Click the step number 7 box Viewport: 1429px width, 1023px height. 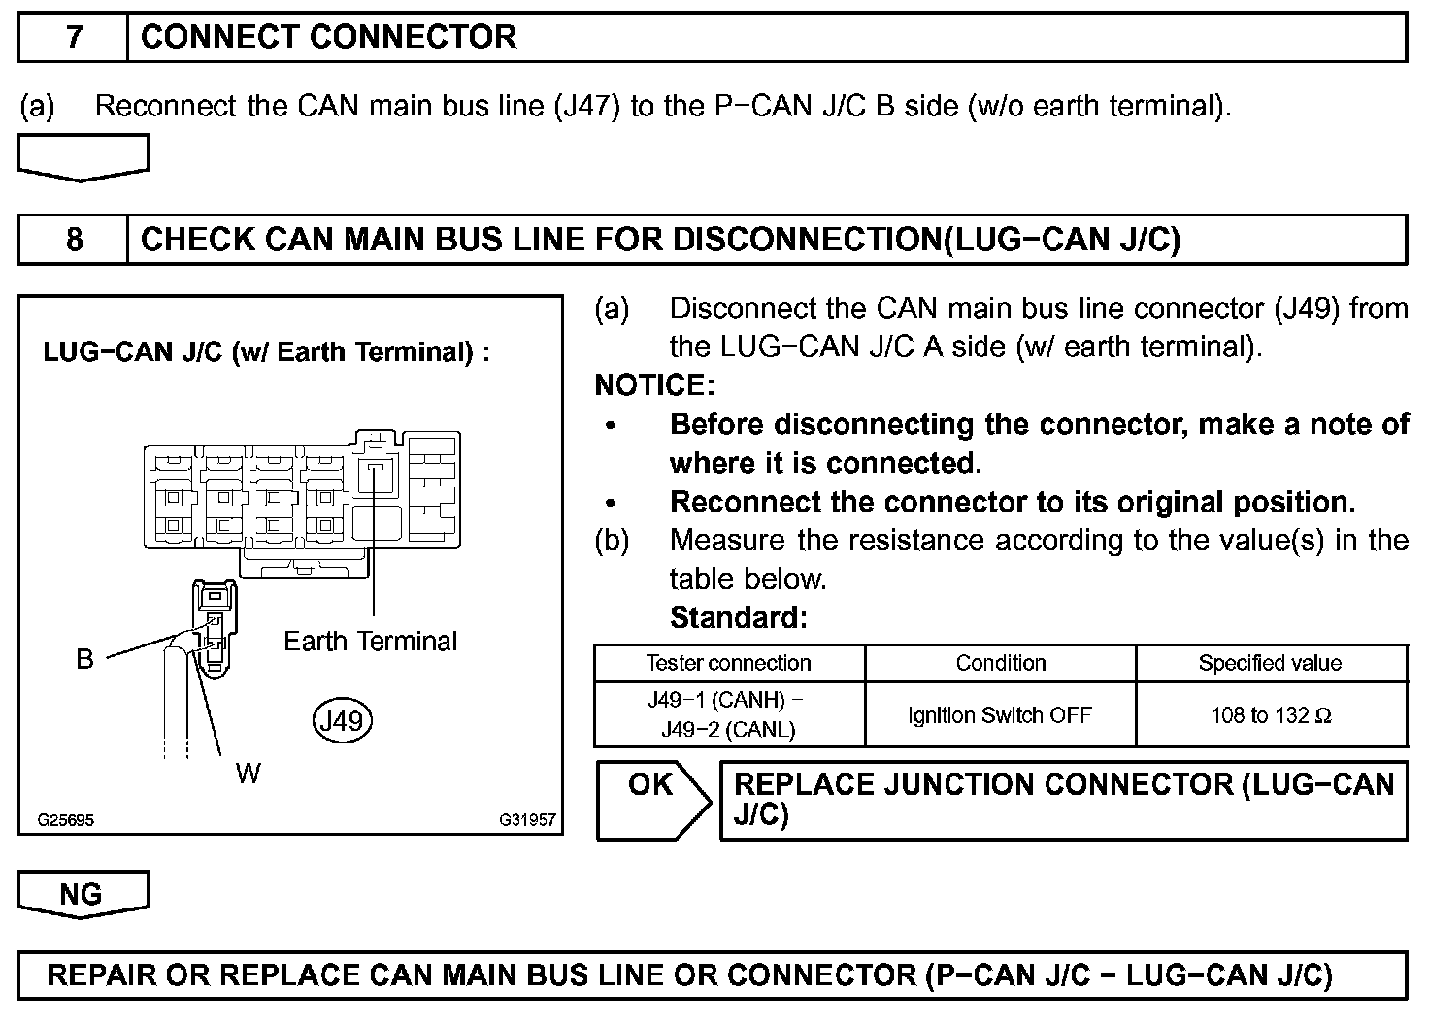74,38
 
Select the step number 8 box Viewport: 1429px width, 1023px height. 74,240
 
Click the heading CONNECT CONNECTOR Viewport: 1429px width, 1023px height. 328,38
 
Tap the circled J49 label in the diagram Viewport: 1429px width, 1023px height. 343,720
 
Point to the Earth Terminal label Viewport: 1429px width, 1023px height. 370,641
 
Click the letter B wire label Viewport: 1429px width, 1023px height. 85,659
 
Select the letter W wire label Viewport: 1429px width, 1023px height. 248,773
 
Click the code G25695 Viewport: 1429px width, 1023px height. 66,820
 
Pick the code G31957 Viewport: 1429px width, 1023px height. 527,820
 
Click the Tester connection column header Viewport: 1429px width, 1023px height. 728,663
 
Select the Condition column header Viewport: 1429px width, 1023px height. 1000,663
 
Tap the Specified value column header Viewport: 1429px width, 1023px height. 1270,663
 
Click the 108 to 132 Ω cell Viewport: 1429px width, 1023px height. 1271,715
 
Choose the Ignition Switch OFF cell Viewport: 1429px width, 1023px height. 1000,715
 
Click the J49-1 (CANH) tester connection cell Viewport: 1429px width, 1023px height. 728,714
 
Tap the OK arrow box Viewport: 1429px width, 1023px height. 651,800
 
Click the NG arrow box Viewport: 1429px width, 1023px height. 83,894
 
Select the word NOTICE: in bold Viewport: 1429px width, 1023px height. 654,385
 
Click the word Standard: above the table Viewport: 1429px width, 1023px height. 738,617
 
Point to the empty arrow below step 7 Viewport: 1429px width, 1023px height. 83,157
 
